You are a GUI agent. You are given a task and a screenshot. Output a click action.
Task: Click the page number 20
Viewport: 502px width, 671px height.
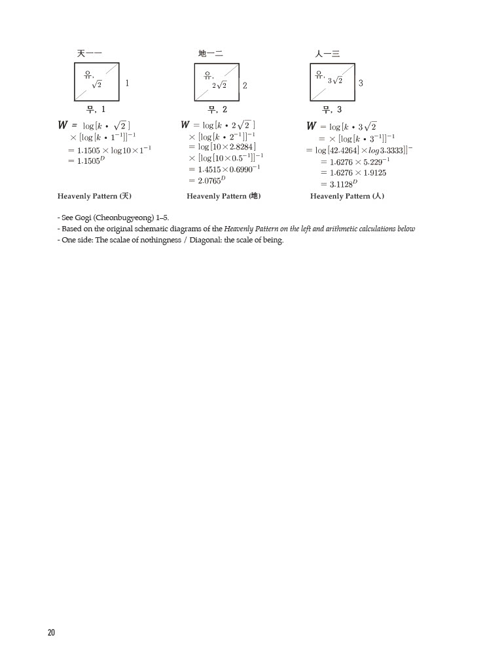tap(51, 632)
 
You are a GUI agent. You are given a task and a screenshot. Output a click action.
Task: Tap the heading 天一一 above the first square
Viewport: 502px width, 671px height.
tap(89, 53)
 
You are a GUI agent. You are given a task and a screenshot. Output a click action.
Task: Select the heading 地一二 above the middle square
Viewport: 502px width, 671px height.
tap(210, 53)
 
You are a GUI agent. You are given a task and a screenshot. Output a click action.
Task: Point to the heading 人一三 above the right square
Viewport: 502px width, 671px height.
tap(327, 53)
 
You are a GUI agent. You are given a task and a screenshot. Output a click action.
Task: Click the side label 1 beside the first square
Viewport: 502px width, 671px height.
tap(127, 83)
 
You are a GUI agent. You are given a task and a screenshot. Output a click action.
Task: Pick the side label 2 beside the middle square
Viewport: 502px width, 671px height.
tap(245, 85)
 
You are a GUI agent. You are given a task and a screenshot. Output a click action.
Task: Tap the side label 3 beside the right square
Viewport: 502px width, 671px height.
tap(361, 83)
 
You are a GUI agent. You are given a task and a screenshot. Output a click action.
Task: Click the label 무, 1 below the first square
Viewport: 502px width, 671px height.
tap(96, 109)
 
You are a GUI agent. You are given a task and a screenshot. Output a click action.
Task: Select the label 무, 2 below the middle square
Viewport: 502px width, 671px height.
tap(217, 109)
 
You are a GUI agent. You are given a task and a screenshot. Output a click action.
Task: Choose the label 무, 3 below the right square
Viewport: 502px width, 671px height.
tap(332, 109)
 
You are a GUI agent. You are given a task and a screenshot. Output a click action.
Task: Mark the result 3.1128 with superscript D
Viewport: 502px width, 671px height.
tap(342, 184)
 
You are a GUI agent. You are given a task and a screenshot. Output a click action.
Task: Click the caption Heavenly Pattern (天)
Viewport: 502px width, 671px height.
tap(94, 196)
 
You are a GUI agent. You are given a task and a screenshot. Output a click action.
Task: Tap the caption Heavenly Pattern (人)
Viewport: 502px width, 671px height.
tap(347, 196)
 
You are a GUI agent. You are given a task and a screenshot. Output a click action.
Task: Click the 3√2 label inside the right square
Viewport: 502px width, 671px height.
tap(335, 81)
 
